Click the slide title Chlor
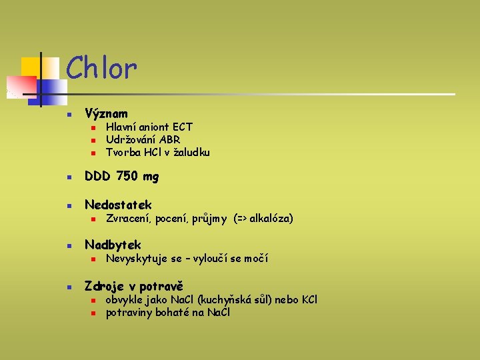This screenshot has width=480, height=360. [x=101, y=67]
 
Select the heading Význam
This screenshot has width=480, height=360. [x=106, y=114]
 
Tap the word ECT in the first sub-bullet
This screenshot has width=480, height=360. [x=182, y=127]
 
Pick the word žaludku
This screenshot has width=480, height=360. [x=192, y=152]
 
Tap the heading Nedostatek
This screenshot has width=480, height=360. [x=118, y=205]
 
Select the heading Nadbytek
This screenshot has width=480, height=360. [x=113, y=245]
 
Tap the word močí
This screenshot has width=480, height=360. [x=257, y=259]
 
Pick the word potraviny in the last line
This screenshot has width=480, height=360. [x=129, y=312]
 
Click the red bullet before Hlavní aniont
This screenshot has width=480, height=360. [x=94, y=127]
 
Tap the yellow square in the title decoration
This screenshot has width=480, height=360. [x=31, y=67]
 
